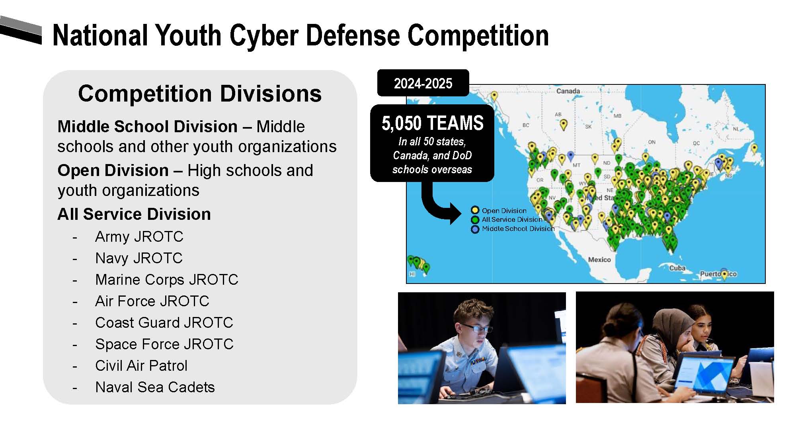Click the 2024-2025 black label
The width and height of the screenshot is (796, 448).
(423, 83)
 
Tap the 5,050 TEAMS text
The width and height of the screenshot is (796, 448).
(432, 123)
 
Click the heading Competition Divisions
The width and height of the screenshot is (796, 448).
(200, 94)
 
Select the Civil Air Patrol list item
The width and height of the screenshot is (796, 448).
(141, 366)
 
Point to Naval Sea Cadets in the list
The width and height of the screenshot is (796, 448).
(155, 387)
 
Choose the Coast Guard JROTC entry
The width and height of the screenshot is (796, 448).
(164, 323)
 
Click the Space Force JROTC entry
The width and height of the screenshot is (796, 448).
(164, 344)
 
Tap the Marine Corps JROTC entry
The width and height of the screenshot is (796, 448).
(167, 280)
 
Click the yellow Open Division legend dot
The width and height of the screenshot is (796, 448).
(475, 210)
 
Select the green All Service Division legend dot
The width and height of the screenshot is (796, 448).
(475, 220)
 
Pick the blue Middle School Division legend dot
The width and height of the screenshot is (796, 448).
(475, 229)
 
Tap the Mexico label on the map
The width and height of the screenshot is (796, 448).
(599, 260)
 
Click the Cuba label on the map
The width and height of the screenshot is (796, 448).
(677, 268)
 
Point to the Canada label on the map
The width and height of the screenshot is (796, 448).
(568, 91)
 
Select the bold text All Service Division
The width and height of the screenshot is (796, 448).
(134, 214)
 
